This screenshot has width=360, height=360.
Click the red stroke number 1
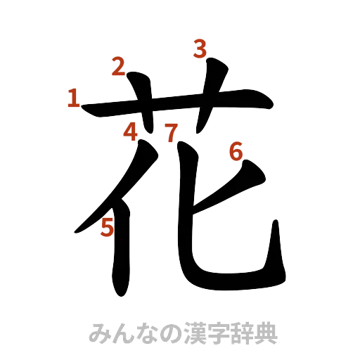73,98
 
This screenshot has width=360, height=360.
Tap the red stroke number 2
117,67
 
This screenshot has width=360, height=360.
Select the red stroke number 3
200,49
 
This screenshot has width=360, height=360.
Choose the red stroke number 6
236,150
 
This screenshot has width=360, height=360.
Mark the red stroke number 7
171,131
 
